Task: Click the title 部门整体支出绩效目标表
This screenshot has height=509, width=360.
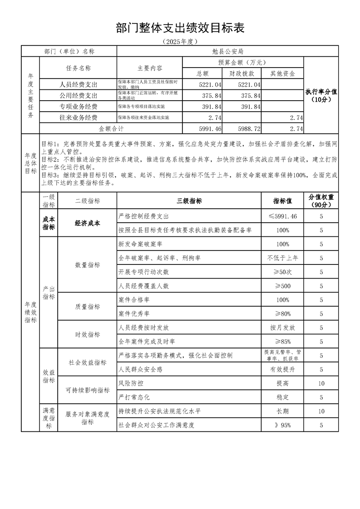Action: pos(180,28)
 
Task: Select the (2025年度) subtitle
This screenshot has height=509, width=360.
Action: pos(180,41)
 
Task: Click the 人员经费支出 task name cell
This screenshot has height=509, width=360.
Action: pos(78,84)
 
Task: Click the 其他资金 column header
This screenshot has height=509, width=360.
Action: pos(282,73)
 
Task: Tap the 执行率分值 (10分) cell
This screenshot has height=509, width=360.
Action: pos(321,95)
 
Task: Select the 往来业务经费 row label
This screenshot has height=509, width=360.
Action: pos(78,117)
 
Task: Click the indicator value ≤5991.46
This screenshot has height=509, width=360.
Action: pos(282,216)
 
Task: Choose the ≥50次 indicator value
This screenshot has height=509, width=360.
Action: pos(282,272)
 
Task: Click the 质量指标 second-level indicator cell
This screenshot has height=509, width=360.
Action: pos(87,306)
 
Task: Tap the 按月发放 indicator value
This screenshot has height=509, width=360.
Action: pos(282,327)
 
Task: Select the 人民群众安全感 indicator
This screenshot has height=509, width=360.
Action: pos(140,369)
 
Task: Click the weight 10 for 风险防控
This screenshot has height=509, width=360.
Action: pos(321,383)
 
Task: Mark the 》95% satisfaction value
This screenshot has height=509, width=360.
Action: pos(282,425)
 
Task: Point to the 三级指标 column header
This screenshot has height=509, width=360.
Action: pos(189,201)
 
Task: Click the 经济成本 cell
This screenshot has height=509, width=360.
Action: pos(87,223)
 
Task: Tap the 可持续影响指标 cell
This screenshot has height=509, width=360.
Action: pos(87,390)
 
